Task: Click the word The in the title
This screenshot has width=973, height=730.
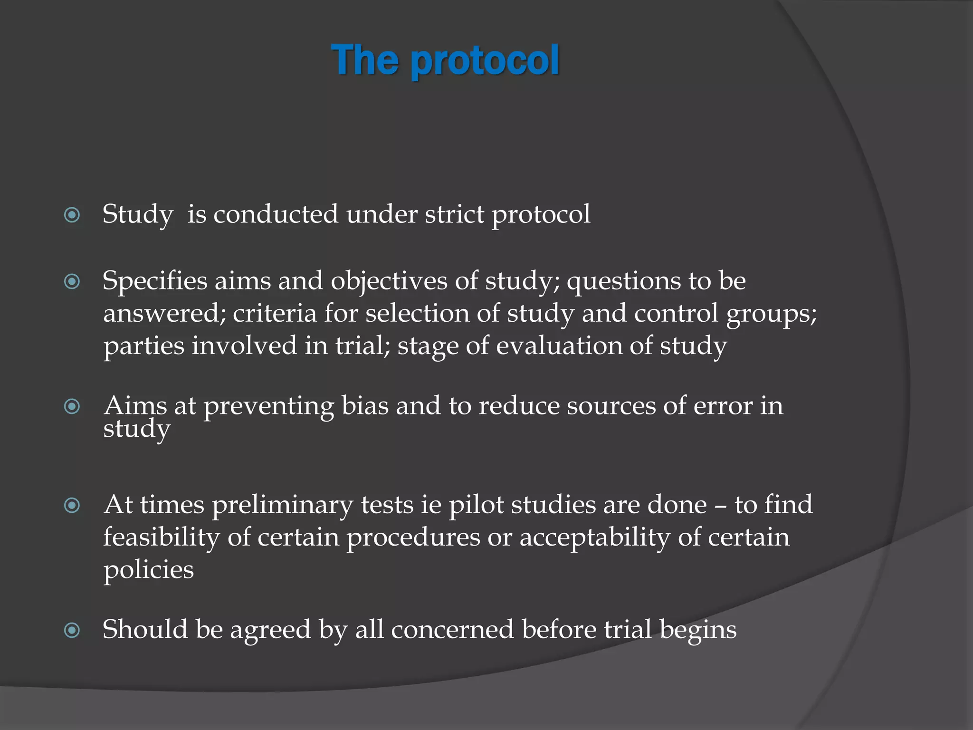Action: tap(365, 60)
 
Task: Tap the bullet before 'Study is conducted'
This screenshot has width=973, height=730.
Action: tap(72, 215)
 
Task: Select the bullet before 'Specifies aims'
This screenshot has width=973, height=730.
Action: tap(72, 282)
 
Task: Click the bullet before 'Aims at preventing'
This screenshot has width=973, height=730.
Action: tap(72, 406)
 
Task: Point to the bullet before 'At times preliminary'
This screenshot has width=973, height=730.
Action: tap(72, 505)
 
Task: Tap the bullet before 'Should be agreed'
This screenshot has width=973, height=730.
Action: tap(72, 631)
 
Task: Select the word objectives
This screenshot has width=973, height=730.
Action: tap(389, 281)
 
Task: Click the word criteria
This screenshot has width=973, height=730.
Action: tap(275, 314)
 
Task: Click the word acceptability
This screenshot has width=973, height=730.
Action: tap(594, 538)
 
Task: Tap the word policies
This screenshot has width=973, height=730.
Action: tap(149, 570)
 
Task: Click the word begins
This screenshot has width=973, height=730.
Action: tap(698, 631)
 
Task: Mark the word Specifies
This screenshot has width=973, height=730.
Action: tap(155, 281)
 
